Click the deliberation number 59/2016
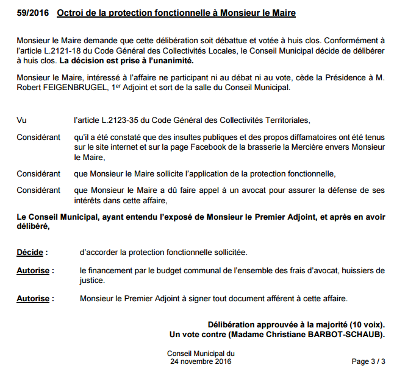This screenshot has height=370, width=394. click(x=32, y=13)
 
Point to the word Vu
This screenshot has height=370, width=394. click(x=21, y=120)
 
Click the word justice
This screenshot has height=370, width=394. click(x=93, y=281)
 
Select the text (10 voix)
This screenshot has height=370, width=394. click(x=364, y=324)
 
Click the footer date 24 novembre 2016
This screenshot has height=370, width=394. click(x=201, y=361)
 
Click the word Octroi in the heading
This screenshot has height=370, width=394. click(x=70, y=13)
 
